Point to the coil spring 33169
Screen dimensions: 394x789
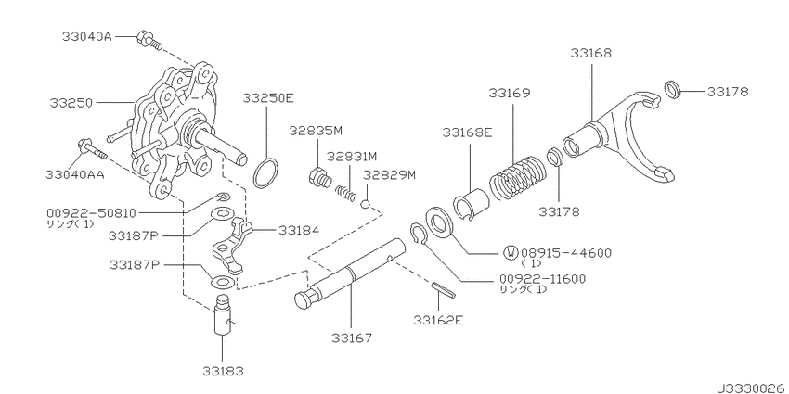tap(518, 169)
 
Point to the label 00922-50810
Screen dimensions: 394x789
tap(84, 212)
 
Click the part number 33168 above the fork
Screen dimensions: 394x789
tap(592, 54)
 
